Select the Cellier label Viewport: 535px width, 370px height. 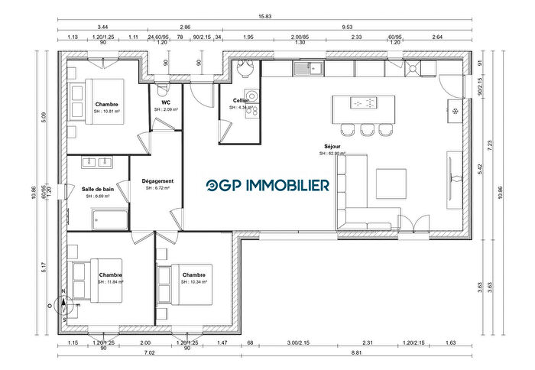[242, 100]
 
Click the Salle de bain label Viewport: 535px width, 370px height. [97, 189]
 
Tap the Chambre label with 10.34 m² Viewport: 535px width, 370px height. [193, 275]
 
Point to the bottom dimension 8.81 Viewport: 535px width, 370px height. [356, 353]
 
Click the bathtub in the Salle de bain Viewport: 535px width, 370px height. [107, 220]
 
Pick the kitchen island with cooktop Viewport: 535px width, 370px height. [364, 104]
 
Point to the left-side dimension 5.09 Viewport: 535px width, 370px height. [44, 117]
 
